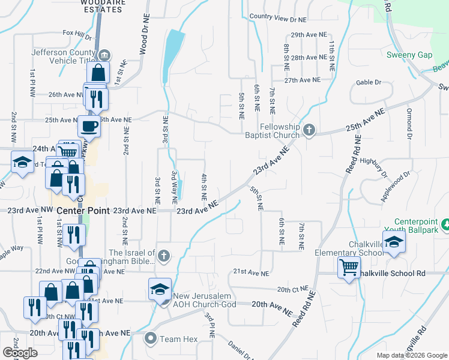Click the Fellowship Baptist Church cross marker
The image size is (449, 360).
tap(309, 130)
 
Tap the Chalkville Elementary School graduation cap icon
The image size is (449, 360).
tap(394, 242)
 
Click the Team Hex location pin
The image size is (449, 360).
tap(150, 339)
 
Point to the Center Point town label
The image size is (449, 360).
tap(83, 211)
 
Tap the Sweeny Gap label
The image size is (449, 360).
tap(409, 55)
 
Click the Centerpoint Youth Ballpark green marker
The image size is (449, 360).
tap(445, 226)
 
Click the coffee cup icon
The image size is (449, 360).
tap(89, 127)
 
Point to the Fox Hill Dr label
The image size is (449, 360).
tap(76, 34)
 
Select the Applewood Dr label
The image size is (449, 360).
tap(394, 180)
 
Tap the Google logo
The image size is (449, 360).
tap(20, 353)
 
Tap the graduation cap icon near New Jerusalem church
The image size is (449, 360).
tap(160, 289)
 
